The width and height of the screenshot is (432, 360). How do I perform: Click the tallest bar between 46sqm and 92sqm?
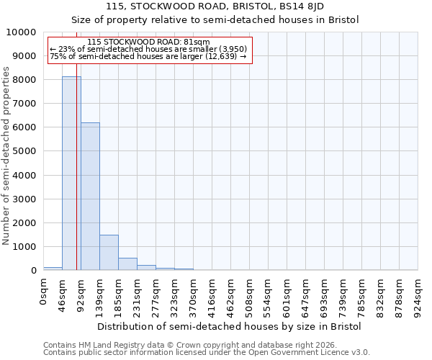click(x=71, y=173)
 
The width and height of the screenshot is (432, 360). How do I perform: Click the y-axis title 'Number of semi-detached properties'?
click(x=7, y=156)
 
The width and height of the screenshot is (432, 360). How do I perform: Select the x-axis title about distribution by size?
click(x=229, y=326)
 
